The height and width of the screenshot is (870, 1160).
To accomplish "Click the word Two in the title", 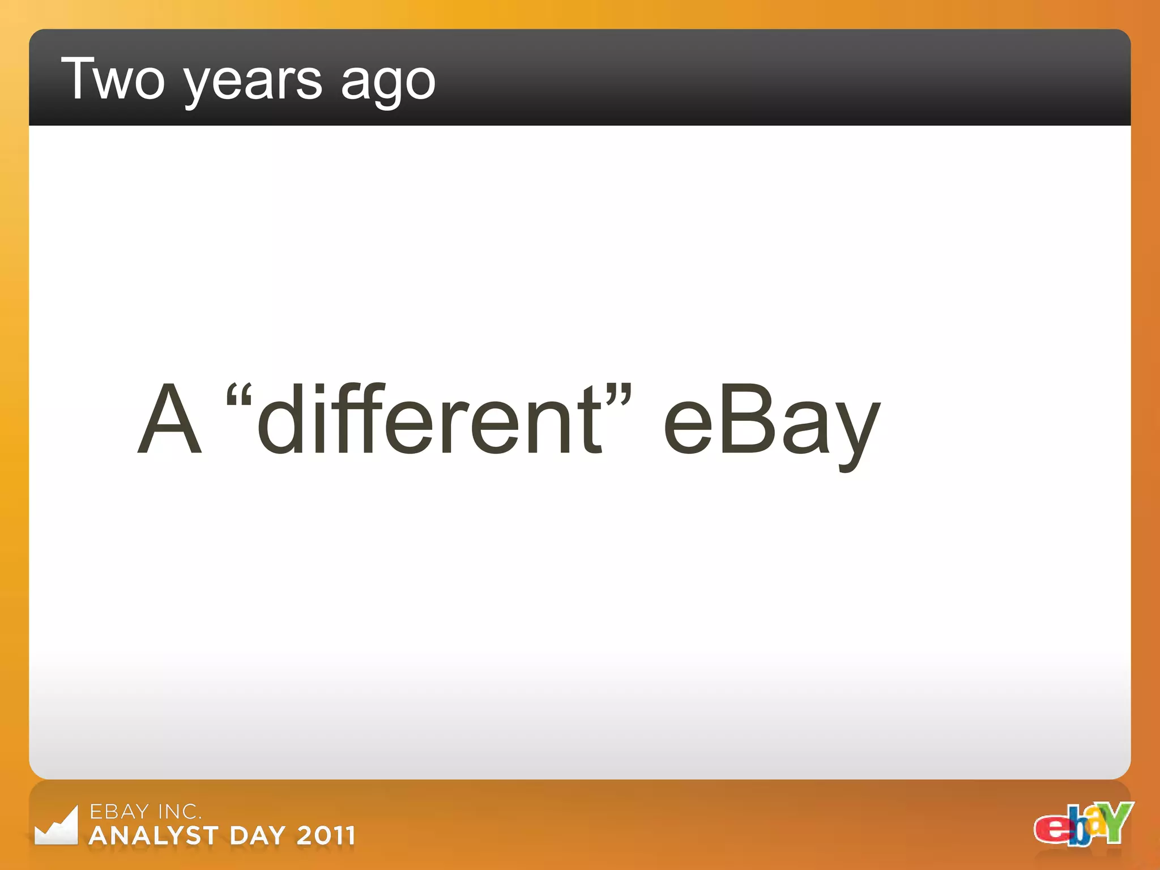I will coord(113,79).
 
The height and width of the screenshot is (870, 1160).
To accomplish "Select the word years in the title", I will coord(251,82).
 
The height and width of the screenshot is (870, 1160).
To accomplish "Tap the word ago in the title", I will coord(388,82).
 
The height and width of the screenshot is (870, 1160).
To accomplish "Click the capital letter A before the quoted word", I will coord(170,419).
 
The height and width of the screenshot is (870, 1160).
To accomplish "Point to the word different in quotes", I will coord(430,419).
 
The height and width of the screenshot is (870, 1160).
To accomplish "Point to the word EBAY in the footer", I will coord(120,812).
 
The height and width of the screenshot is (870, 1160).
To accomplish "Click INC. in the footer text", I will coord(180,812).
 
